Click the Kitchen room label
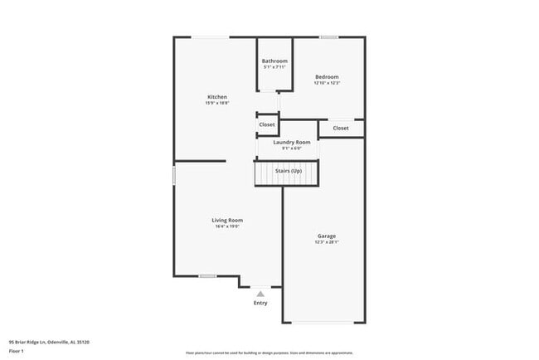point(216,97)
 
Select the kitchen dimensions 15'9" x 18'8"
point(216,103)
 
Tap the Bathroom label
point(274,61)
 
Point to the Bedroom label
point(327,77)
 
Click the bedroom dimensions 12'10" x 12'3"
point(327,83)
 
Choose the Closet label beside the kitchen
point(267,124)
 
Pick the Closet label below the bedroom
point(341,129)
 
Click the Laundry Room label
point(291,142)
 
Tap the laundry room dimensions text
point(291,148)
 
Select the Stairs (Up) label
point(288,171)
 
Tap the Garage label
point(327,236)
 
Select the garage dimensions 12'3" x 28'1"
point(327,243)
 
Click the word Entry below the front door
point(260,303)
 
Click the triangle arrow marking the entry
point(260,294)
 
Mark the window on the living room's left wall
point(173,176)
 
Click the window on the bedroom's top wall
point(329,36)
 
